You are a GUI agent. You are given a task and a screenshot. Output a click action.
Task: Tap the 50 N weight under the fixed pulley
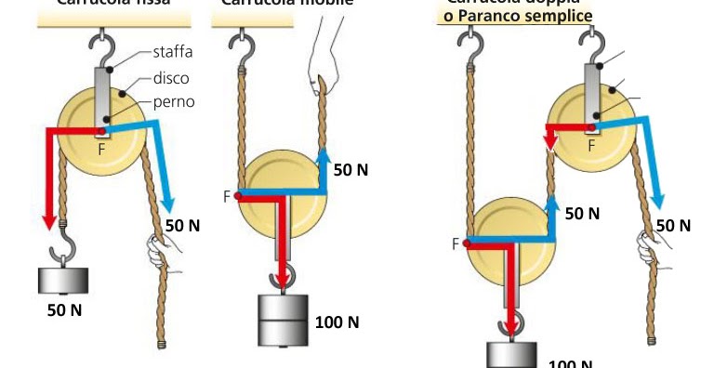[63, 280]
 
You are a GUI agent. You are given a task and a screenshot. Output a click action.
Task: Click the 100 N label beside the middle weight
[337, 322]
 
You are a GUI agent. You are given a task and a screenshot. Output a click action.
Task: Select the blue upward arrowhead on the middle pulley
[324, 154]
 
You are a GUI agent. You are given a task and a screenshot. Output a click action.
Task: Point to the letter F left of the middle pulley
[227, 196]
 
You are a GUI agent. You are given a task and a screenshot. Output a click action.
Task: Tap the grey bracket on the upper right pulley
[590, 93]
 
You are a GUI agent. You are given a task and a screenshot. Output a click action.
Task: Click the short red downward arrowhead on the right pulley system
[549, 143]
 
